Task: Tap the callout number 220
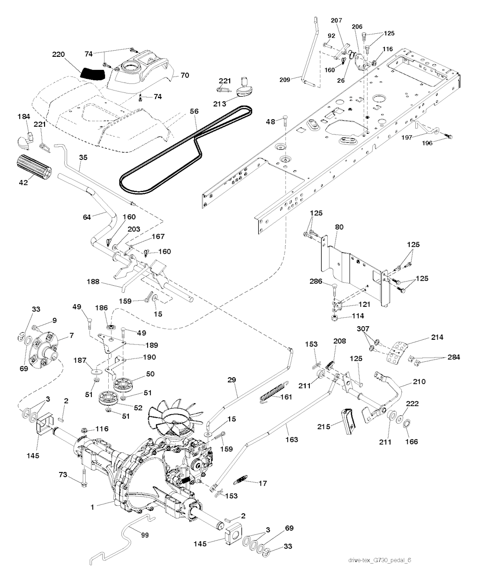point(59,54)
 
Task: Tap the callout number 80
point(339,227)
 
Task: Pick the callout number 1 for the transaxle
point(93,507)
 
